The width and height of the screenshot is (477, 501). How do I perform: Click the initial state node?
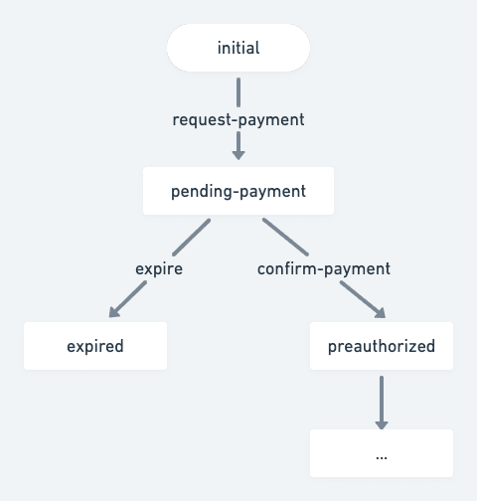[x=238, y=48]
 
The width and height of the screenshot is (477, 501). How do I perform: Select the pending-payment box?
[x=238, y=191]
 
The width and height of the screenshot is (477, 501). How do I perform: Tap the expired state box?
[x=95, y=346]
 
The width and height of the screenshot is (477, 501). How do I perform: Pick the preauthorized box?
[x=382, y=346]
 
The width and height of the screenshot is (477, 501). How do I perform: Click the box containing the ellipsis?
[x=382, y=453]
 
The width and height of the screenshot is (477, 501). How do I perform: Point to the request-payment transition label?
[x=238, y=119]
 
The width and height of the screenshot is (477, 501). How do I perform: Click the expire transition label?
[x=159, y=268]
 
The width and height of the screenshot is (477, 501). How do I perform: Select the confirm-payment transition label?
[x=324, y=268]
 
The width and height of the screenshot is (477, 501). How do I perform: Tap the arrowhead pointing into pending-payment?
[x=238, y=155]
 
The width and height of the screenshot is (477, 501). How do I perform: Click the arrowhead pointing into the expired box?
[x=114, y=312]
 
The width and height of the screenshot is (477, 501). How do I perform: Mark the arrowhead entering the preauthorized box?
[x=381, y=313]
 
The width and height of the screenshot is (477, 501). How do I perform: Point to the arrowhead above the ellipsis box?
[x=382, y=424]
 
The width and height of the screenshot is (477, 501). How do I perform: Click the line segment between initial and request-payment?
[x=238, y=92]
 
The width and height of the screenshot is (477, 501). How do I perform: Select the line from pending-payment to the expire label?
[x=192, y=238]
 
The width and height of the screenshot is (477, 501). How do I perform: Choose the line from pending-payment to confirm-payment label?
[x=285, y=237]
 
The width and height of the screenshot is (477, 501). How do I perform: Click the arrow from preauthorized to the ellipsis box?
[x=382, y=403]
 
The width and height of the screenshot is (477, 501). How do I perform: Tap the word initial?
[x=238, y=48]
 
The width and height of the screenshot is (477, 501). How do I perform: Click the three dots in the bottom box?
[x=382, y=458]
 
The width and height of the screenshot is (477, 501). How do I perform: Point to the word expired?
[x=95, y=346]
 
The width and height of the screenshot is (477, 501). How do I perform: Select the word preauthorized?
[x=382, y=346]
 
